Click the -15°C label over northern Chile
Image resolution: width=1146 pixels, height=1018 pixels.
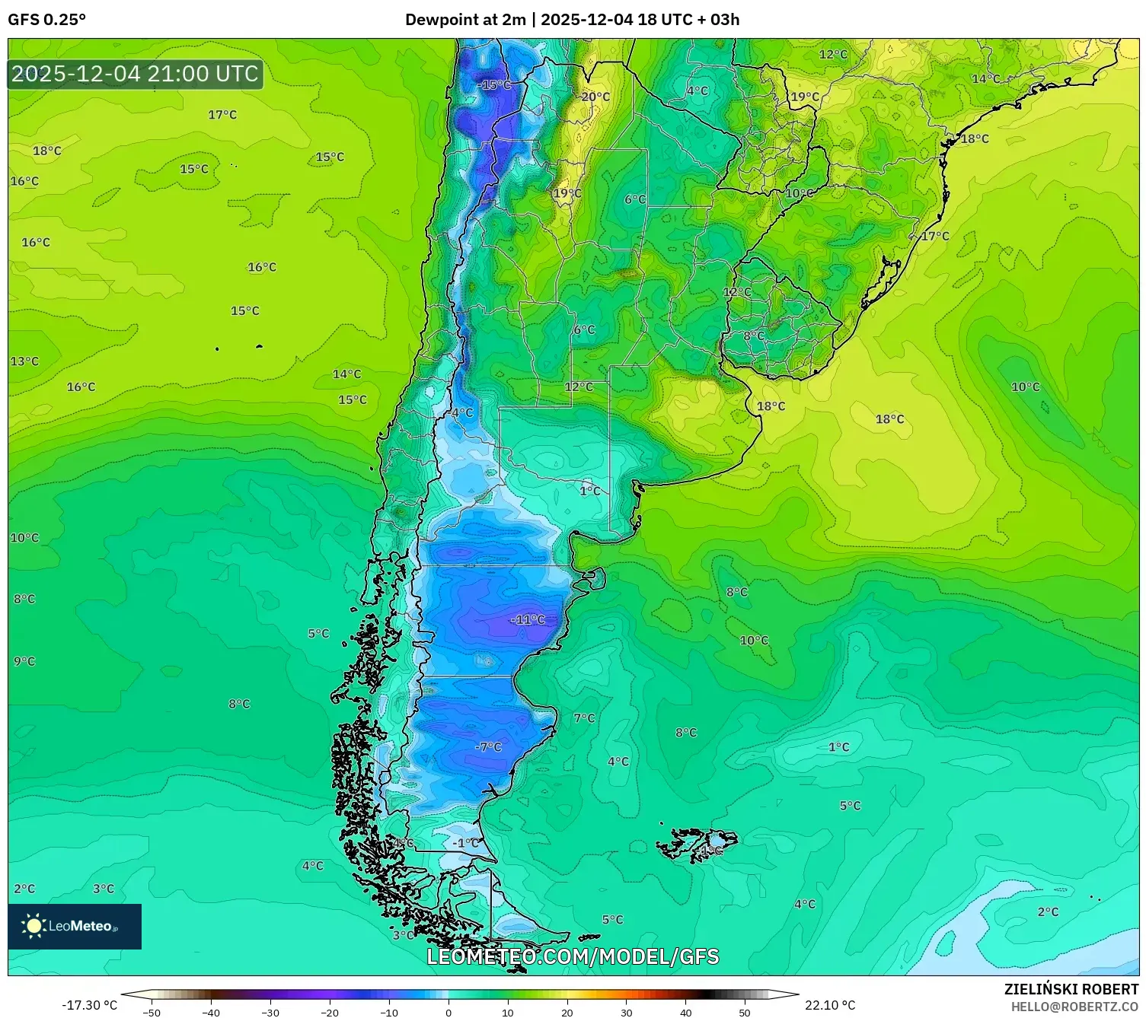(494, 84)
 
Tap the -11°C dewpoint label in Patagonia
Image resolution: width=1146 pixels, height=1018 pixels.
(527, 619)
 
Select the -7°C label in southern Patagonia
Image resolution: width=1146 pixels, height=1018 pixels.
(488, 746)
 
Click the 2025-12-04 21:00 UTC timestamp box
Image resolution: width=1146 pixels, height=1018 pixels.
(136, 74)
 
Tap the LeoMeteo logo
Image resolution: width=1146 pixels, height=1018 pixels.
(75, 926)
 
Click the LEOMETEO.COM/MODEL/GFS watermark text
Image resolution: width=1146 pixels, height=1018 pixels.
(573, 956)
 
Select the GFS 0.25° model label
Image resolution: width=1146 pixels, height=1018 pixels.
(46, 20)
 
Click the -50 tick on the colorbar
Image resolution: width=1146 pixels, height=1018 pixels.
(152, 1012)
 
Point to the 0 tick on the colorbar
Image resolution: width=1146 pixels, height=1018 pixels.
(449, 1012)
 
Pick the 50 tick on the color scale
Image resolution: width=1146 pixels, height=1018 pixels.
(744, 1012)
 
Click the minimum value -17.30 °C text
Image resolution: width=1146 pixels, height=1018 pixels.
(89, 1005)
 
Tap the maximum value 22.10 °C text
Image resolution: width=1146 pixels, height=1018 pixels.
(830, 1005)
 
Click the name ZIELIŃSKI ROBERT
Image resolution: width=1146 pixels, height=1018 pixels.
(1071, 989)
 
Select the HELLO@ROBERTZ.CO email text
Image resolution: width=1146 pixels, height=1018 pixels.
(1074, 1007)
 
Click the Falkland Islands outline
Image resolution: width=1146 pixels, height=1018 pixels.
(697, 844)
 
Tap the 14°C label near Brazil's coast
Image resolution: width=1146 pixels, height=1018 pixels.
(985, 78)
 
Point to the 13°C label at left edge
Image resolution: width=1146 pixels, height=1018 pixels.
(24, 361)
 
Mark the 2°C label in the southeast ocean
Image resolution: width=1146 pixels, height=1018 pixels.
(1047, 911)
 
